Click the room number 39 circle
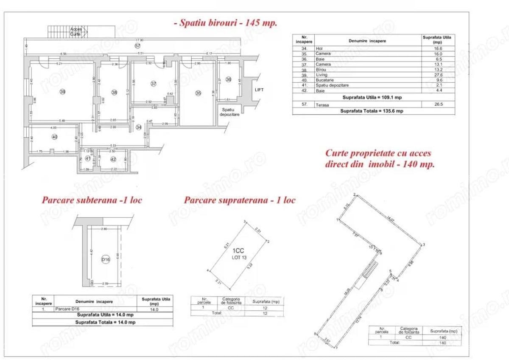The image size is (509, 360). tap(62, 92)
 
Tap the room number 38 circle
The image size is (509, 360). tap(114, 92)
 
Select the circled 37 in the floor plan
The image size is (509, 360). tap(154, 84)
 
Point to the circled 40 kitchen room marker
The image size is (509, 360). tap(54, 137)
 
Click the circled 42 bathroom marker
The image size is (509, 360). tap(113, 159)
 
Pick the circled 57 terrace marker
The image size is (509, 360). tap(137, 45)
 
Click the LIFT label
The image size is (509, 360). tap(259, 90)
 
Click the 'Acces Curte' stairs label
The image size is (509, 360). tap(75, 31)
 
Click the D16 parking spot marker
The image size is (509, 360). tap(105, 260)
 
